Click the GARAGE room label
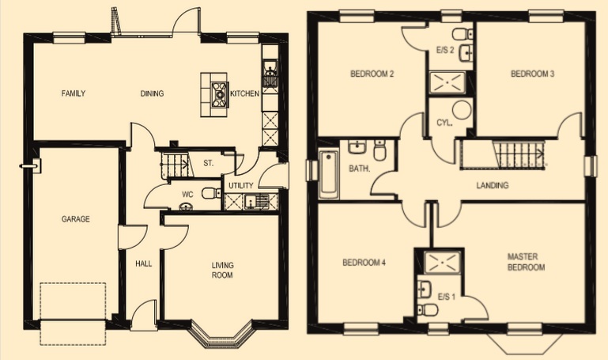[76, 219]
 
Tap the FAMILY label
[74, 93]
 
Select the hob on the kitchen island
[220, 93]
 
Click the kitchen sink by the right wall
[270, 74]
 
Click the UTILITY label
[241, 186]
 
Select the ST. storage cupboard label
[209, 163]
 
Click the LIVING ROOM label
[223, 271]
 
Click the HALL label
[143, 263]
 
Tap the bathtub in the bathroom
[329, 175]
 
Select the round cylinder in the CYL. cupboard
[462, 110]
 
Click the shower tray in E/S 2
[448, 82]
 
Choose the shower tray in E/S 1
[443, 263]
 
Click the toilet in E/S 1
[428, 310]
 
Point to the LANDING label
[492, 185]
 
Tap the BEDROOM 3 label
[532, 74]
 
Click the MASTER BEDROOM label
[527, 262]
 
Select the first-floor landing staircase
[504, 155]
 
